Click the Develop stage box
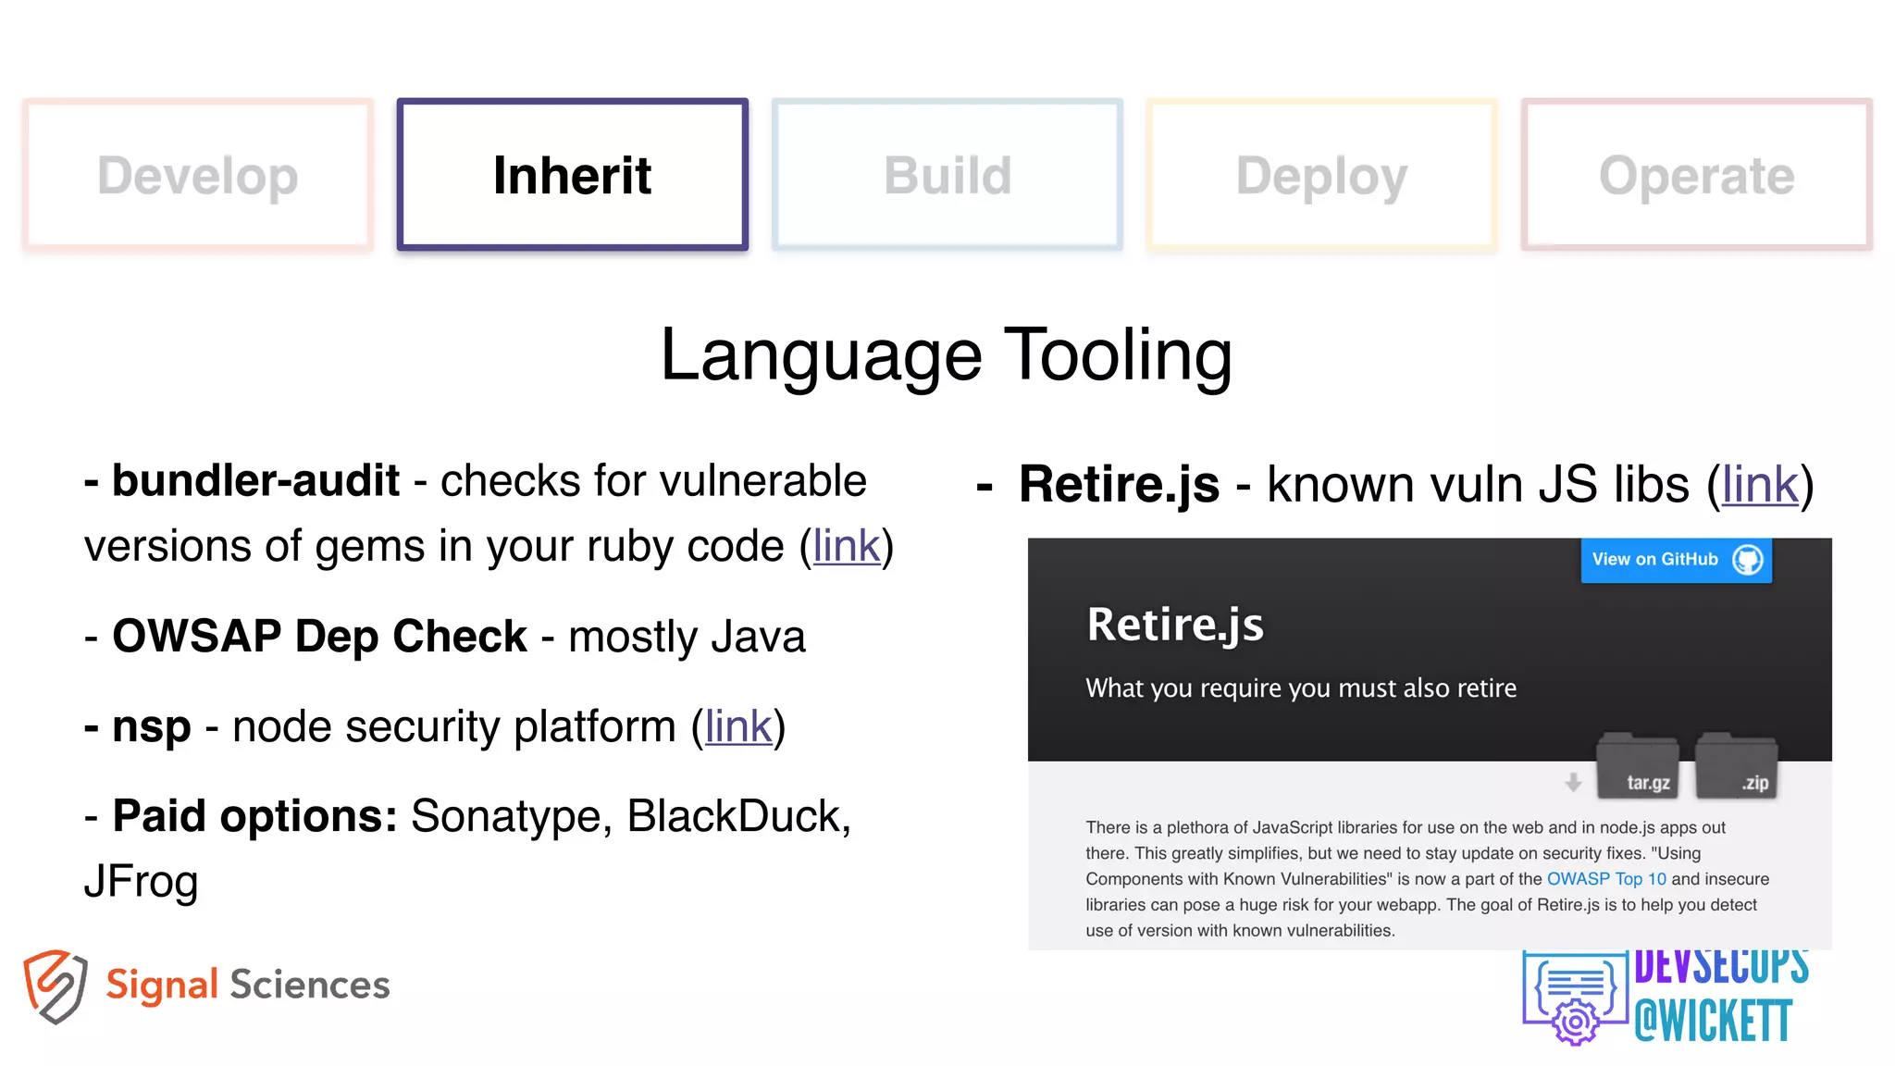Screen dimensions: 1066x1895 click(198, 175)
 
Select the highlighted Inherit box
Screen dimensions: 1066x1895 click(572, 175)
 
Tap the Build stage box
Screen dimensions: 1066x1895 click(947, 175)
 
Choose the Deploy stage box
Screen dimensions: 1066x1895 click(1321, 175)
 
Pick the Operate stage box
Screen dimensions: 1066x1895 click(1696, 175)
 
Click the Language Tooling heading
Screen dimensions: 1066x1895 click(947, 355)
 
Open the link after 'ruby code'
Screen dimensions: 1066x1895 click(846, 546)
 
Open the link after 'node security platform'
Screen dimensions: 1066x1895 click(737, 726)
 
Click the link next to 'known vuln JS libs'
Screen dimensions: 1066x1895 click(1760, 485)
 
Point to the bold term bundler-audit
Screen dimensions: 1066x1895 click(255, 481)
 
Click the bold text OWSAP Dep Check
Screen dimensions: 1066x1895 click(319, 637)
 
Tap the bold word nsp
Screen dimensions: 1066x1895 click(151, 726)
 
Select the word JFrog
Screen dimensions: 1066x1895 click(141, 881)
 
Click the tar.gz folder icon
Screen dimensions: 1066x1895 click(1638, 767)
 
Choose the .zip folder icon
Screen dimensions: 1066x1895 click(1736, 767)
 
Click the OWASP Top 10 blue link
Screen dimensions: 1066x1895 click(1606, 879)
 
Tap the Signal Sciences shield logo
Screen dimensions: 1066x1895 click(56, 985)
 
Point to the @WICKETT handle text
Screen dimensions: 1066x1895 click(1713, 1022)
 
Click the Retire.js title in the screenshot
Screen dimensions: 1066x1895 click(1175, 625)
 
